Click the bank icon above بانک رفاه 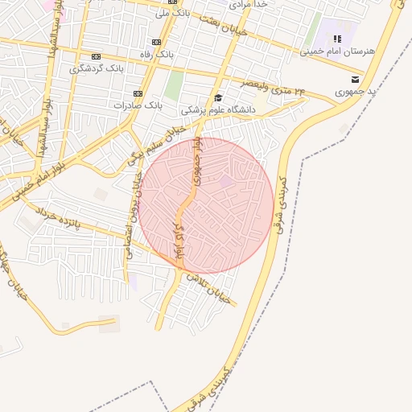(156, 42)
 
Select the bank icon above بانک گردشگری (97, 56)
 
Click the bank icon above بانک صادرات (138, 93)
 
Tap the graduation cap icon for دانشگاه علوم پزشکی (218, 97)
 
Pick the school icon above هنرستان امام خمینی (338, 39)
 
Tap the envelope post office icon (355, 79)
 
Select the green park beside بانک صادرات (174, 85)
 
